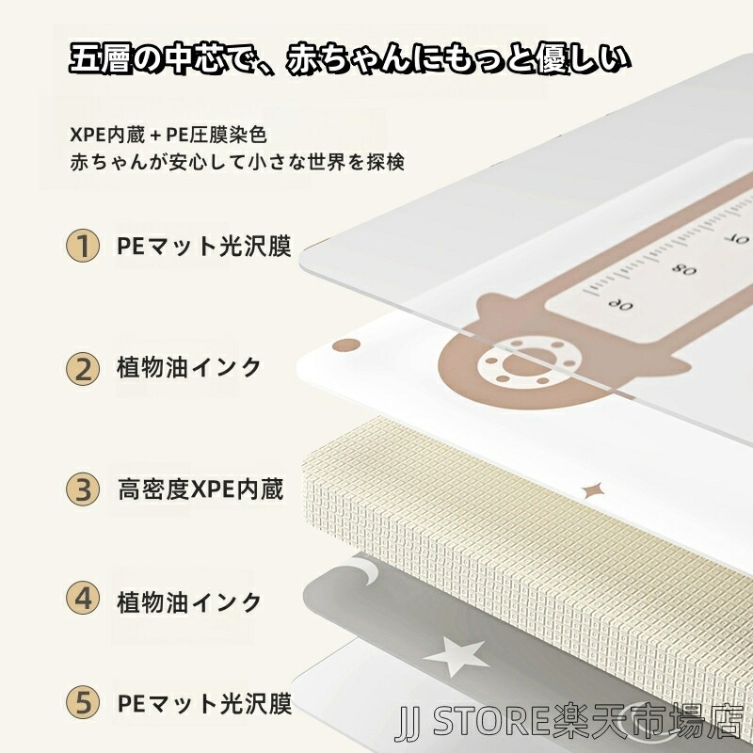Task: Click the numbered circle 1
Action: (x=83, y=246)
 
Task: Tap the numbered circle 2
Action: (x=83, y=369)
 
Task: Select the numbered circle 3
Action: (x=83, y=489)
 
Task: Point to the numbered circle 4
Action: (x=83, y=599)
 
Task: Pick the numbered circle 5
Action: (x=83, y=702)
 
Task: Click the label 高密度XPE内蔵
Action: (x=200, y=489)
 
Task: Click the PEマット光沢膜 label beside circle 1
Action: (x=204, y=246)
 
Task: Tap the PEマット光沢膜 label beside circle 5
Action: (x=204, y=703)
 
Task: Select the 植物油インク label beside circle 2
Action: (x=189, y=368)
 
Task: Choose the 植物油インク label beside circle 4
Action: (x=189, y=602)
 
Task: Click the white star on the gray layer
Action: (x=456, y=657)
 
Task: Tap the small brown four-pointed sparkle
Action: (x=591, y=490)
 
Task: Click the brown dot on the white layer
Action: (x=346, y=344)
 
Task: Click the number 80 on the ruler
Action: (x=684, y=269)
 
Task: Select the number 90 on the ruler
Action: (x=619, y=303)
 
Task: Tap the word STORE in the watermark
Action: (x=490, y=722)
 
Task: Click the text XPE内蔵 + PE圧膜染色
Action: (x=168, y=135)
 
